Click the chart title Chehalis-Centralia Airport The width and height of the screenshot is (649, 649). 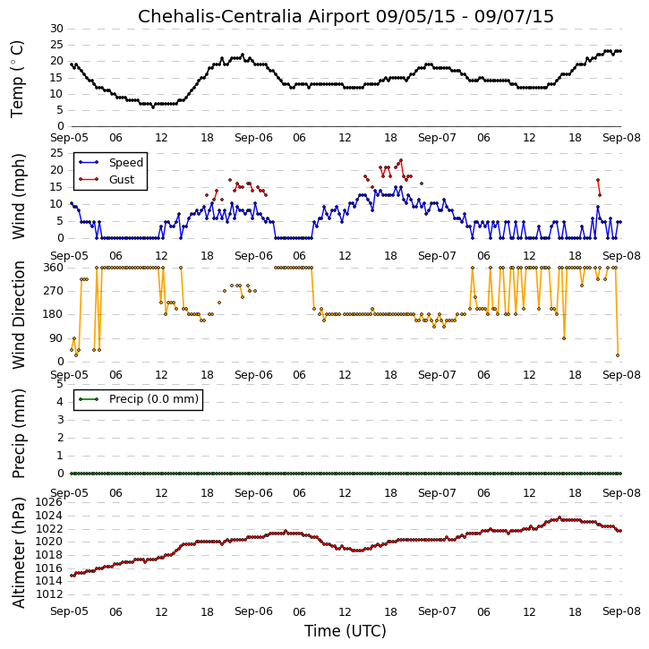253,17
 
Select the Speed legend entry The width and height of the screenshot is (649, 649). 111,163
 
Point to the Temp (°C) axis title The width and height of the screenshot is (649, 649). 17,79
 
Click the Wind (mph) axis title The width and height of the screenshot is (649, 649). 18,196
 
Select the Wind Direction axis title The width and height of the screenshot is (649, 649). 18,314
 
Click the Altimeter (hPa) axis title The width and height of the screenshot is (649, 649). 18,552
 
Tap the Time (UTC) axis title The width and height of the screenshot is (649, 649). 346,631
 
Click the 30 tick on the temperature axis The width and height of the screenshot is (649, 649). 56,29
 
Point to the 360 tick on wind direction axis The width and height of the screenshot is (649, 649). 54,268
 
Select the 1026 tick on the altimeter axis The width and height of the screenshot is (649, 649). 49,502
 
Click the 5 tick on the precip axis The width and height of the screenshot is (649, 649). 60,384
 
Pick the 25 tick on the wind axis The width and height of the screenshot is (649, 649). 56,153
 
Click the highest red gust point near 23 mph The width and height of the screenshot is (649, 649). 401,160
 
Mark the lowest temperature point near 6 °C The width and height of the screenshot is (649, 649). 153,107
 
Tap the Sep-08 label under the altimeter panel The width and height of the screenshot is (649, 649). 621,611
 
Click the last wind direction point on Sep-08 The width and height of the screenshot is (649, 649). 618,355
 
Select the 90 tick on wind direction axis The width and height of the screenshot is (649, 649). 56,338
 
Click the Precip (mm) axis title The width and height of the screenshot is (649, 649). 18,433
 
